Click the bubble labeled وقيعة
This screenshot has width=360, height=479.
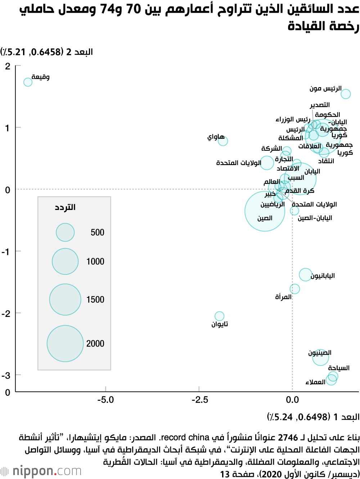coord(28,82)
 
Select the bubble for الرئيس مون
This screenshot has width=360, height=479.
coord(346,94)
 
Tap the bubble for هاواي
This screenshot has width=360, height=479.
coord(223,141)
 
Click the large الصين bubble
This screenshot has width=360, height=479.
coord(265,211)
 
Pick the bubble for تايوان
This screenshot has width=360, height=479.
coord(219,316)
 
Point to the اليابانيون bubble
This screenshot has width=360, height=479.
coord(305,274)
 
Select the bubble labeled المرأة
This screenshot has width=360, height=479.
coord(294,288)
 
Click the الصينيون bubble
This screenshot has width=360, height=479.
coord(320,357)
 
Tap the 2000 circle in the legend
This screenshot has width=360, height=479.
coord(65,344)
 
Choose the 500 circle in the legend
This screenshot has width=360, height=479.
coord(65,232)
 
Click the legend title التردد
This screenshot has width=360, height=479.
coord(65,207)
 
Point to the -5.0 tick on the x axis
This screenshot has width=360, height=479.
coord(105,399)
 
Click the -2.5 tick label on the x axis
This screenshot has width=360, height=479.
coord(199,399)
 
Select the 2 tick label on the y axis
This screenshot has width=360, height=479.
coord(8,66)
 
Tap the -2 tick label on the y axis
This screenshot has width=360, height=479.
coord(6,313)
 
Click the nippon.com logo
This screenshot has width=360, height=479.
coord(41,471)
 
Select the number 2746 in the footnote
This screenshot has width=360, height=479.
coord(288,438)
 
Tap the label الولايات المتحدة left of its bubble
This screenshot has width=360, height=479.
coord(238,163)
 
